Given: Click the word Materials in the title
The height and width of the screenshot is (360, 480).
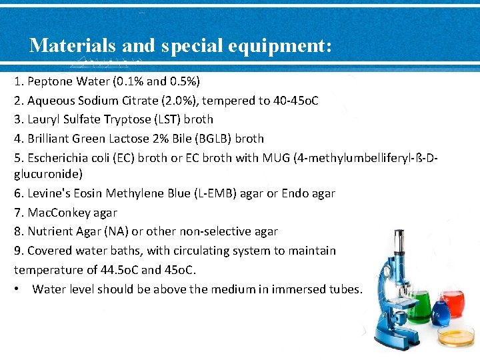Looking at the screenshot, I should pos(72,45).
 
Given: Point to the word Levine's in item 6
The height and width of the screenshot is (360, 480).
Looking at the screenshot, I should pos(47,193).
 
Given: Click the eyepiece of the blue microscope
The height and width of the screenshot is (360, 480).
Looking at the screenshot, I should pos(398,238).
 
